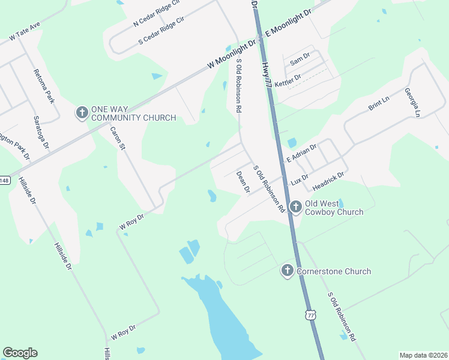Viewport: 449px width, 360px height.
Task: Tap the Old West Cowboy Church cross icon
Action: [295, 208]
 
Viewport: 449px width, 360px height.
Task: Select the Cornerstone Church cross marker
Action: [287, 271]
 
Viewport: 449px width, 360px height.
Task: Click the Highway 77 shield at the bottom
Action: [310, 315]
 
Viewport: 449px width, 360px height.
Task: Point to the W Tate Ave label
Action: [25, 33]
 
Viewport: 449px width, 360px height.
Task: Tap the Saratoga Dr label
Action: [41, 132]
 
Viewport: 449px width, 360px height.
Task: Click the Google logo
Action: [20, 352]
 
